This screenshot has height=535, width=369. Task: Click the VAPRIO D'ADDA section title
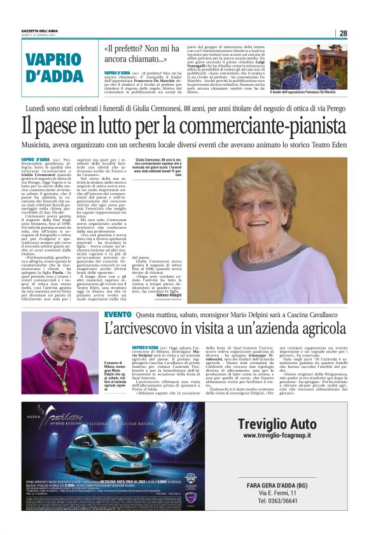tap(55, 69)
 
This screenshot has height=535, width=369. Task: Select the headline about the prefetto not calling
tap(136, 54)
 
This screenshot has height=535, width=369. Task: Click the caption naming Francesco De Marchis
tap(310, 93)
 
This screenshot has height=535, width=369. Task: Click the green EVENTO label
tap(118, 315)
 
